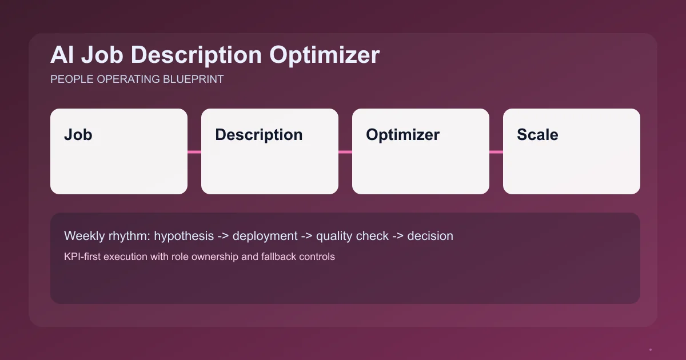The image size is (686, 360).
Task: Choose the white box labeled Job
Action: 119,151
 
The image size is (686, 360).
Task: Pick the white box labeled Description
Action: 270,151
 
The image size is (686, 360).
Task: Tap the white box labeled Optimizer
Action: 421,151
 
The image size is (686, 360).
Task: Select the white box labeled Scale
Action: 572,151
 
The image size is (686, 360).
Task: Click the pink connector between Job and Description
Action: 194,152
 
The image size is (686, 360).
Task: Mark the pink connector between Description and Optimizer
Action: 345,152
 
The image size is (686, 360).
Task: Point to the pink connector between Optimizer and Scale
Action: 496,152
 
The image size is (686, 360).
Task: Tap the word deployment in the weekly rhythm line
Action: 265,236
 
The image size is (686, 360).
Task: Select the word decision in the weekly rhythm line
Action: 430,236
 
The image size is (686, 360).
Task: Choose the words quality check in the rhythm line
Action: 352,236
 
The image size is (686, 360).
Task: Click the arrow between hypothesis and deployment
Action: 224,236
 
